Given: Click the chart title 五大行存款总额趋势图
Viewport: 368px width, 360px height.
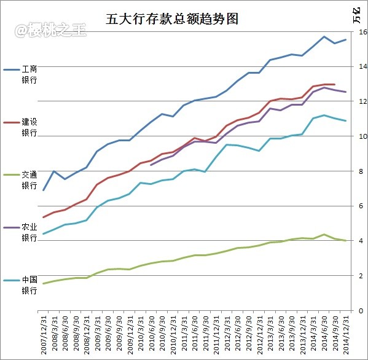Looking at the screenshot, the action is pos(172,19).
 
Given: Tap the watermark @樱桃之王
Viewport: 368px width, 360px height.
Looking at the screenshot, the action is pos(50,30).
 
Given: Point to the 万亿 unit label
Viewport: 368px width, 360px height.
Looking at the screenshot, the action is pos(357,15).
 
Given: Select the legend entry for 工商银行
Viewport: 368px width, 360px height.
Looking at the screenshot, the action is pos(20,74).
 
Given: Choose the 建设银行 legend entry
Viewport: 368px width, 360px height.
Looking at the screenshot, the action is pos(20,127).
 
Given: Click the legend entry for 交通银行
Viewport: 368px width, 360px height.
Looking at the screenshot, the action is pos(20,180).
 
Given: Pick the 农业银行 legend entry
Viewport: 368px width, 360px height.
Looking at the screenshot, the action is pos(20,233).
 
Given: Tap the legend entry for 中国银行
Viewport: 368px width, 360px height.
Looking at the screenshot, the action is pos(20,285).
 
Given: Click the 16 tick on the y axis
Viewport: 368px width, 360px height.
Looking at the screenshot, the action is pos(363,32).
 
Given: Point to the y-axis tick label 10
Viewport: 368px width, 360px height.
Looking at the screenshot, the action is pos(363,136).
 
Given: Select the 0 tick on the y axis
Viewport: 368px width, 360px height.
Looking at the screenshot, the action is pos(361,311).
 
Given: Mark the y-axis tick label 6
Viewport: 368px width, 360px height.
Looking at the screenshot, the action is pos(361,206).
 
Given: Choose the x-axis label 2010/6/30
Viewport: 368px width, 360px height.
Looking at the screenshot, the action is pos(151,333).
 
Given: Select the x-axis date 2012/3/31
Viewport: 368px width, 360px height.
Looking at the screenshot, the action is pos(227,333).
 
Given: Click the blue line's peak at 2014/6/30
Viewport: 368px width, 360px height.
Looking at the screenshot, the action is pos(324,37).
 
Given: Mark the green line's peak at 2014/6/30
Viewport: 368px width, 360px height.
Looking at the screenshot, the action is pos(324,235).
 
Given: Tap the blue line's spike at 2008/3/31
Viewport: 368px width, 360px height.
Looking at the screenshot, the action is pos(54,171).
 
